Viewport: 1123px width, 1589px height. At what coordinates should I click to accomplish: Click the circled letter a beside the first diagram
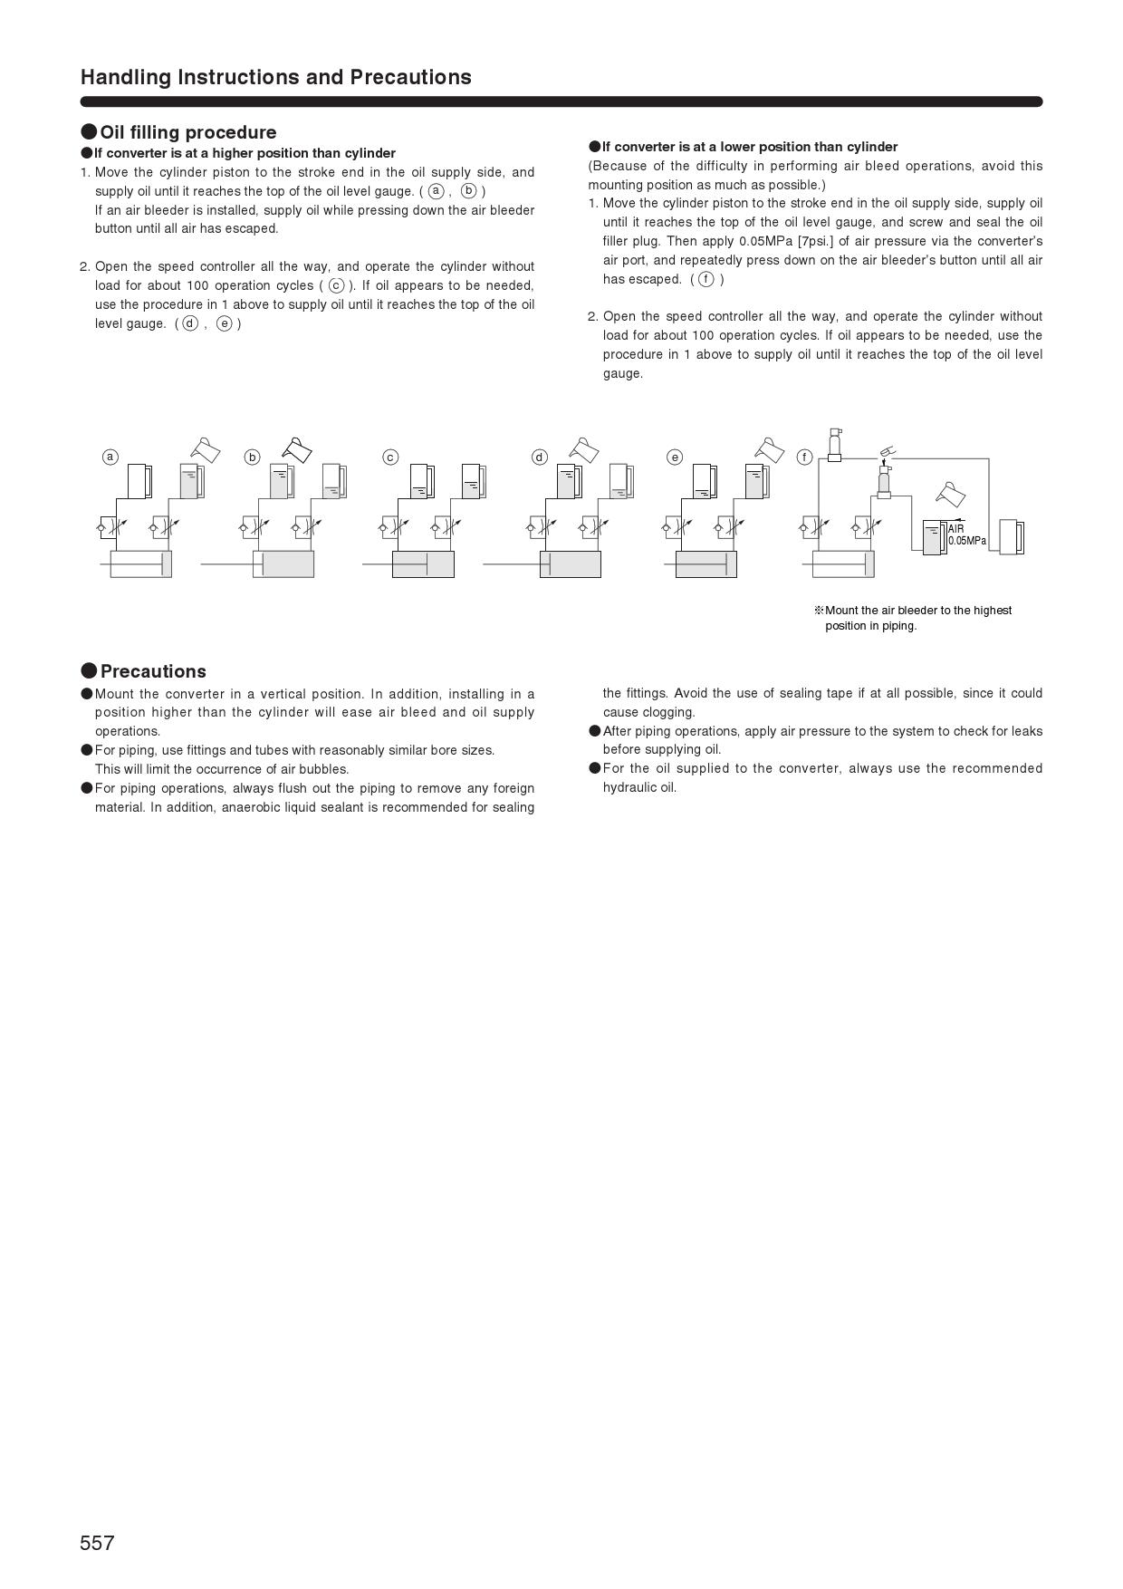110,457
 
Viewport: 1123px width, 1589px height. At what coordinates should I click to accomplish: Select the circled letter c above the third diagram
390,457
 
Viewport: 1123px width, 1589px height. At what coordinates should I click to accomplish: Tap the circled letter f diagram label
804,457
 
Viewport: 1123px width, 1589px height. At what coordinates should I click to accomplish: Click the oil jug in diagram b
297,449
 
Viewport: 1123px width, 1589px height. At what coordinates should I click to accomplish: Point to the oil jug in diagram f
952,495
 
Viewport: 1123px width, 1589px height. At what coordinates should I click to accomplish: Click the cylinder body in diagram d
571,563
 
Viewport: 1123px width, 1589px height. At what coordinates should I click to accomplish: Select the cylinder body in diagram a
140,563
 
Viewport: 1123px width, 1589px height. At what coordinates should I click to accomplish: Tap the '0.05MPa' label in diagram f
967,541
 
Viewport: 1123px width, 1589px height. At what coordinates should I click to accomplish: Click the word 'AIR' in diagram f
956,529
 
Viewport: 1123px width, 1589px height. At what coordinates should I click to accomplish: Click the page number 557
97,1543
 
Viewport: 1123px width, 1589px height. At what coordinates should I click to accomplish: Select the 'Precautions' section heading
153,671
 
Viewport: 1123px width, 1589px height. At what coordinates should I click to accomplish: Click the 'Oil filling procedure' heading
187,132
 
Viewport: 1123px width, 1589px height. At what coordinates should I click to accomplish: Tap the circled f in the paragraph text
705,279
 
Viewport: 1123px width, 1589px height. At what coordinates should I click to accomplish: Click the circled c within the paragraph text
336,285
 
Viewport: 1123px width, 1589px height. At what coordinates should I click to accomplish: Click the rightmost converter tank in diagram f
1011,537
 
